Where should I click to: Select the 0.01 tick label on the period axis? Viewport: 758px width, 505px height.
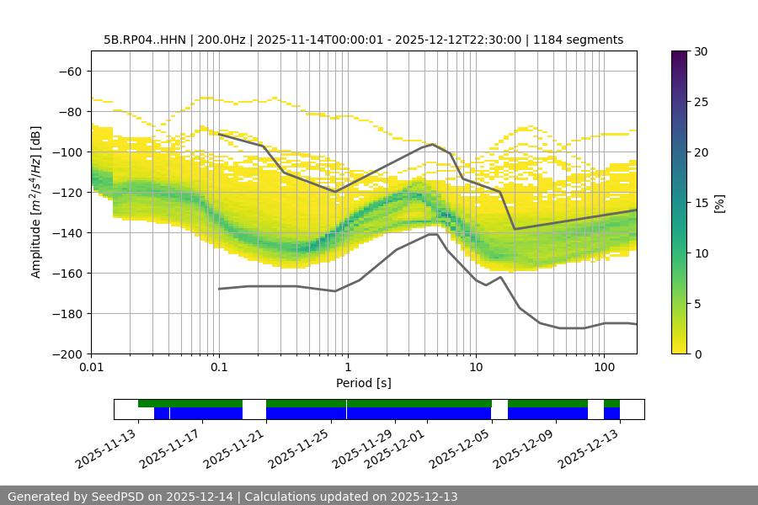click(91, 368)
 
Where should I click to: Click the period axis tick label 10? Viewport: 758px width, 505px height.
click(475, 368)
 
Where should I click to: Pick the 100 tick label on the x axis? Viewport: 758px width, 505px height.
click(603, 368)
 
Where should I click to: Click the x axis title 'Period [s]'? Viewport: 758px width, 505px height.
click(364, 383)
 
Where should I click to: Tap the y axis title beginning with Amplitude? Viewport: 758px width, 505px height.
click(36, 202)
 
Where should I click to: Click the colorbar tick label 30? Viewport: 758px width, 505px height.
click(701, 51)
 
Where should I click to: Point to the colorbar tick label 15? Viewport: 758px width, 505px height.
click(701, 202)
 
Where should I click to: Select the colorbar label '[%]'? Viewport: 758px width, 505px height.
click(718, 202)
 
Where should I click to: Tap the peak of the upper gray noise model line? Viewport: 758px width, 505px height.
click(433, 144)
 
